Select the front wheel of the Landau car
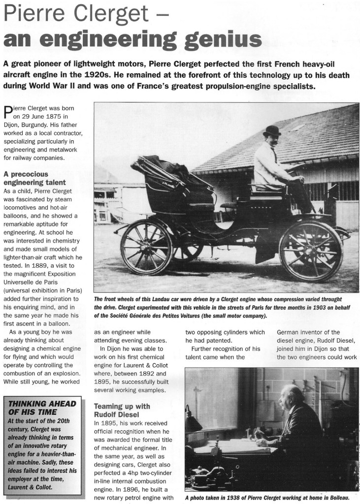click(x=310, y=251)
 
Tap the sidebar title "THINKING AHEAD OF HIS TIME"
click(x=43, y=408)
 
